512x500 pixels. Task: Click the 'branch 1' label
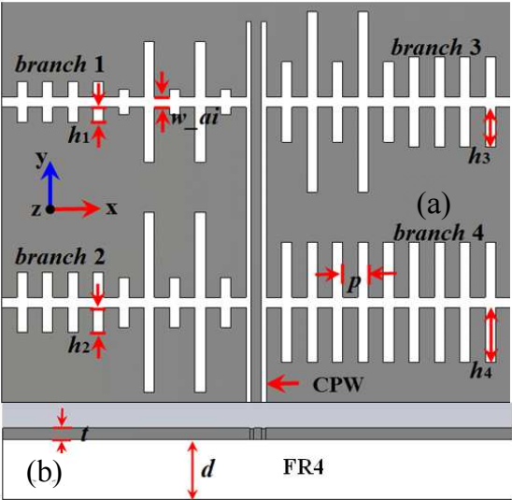60,64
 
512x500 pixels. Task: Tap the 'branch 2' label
60,256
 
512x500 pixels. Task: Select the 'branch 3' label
436,48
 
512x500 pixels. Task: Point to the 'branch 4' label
438,233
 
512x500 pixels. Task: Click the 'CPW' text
338,385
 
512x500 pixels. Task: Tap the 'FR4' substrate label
304,467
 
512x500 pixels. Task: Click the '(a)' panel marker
434,206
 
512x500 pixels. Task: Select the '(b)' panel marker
44,473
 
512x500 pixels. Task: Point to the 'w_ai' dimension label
194,118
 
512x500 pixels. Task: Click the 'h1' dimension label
78,135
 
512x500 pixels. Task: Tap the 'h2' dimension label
78,345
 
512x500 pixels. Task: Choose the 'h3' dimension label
479,156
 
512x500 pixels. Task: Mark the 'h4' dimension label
481,371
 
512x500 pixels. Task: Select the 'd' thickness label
208,469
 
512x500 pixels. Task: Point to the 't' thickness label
85,434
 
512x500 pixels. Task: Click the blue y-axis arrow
50,182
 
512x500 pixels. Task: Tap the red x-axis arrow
75,208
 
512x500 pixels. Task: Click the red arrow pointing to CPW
283,384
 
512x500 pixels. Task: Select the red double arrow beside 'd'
192,470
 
